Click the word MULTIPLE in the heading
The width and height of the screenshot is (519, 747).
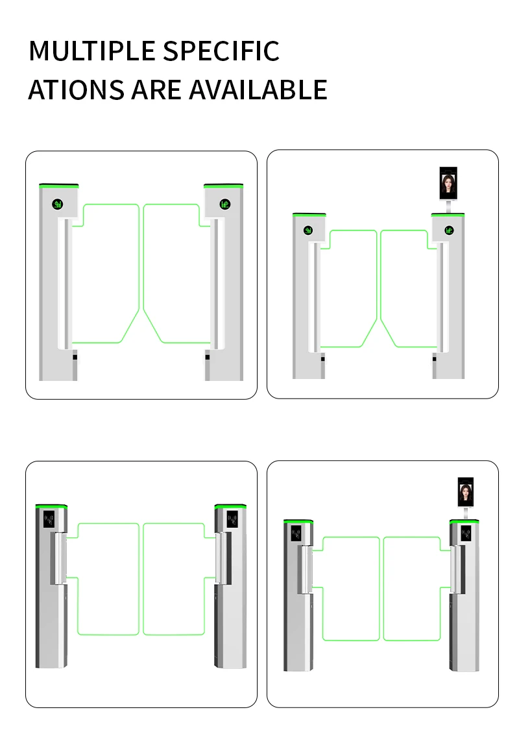[x=92, y=51]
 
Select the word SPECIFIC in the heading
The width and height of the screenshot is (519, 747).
[x=221, y=51]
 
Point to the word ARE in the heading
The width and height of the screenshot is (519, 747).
[x=156, y=90]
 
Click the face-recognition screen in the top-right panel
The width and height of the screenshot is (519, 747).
[x=448, y=183]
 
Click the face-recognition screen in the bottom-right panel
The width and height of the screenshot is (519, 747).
[x=466, y=493]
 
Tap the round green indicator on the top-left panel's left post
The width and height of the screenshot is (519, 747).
[x=58, y=205]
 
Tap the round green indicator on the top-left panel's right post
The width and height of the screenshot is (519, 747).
[x=225, y=204]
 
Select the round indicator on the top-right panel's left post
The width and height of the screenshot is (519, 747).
[x=308, y=230]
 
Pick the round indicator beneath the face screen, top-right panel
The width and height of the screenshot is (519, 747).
[x=449, y=230]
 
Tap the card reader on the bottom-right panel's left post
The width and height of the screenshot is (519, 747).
[x=296, y=533]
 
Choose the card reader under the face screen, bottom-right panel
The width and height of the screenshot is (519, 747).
[x=466, y=533]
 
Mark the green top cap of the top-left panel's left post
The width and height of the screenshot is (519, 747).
[x=58, y=186]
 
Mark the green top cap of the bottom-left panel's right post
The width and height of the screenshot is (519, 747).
[x=230, y=506]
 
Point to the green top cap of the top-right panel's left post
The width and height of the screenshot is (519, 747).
[x=309, y=215]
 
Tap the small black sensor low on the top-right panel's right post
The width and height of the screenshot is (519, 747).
[x=434, y=359]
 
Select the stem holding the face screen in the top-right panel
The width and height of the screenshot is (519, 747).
[x=449, y=206]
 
